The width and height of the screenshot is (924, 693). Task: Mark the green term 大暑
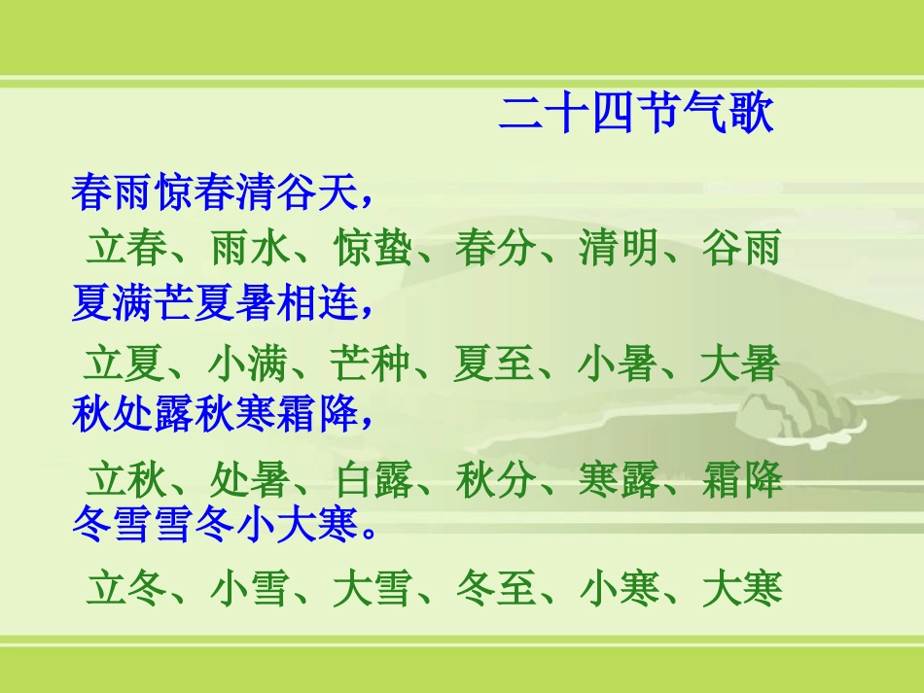(x=740, y=364)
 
